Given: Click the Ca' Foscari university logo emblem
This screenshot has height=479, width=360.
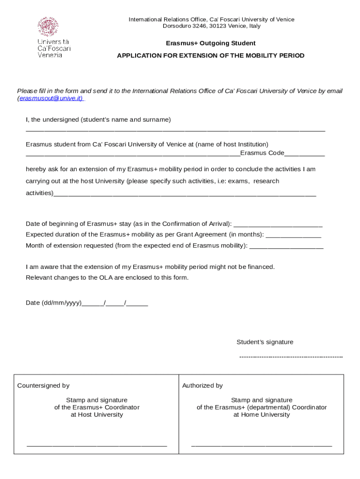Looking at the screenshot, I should (x=48, y=27).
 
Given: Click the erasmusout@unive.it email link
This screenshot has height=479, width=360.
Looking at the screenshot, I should (x=51, y=98).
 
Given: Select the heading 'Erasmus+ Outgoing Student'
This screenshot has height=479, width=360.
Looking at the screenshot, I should (x=211, y=43).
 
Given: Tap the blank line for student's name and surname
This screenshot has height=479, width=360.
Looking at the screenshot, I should (x=175, y=130).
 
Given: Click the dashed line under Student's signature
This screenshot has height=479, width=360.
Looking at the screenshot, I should (x=291, y=357).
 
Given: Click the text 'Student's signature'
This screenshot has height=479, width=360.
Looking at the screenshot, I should (x=265, y=342).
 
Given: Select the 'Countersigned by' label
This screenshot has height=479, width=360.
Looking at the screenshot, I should (x=43, y=385).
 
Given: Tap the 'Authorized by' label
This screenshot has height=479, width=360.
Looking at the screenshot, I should (x=202, y=385).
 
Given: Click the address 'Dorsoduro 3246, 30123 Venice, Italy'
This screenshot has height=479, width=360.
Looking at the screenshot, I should (x=211, y=26).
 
